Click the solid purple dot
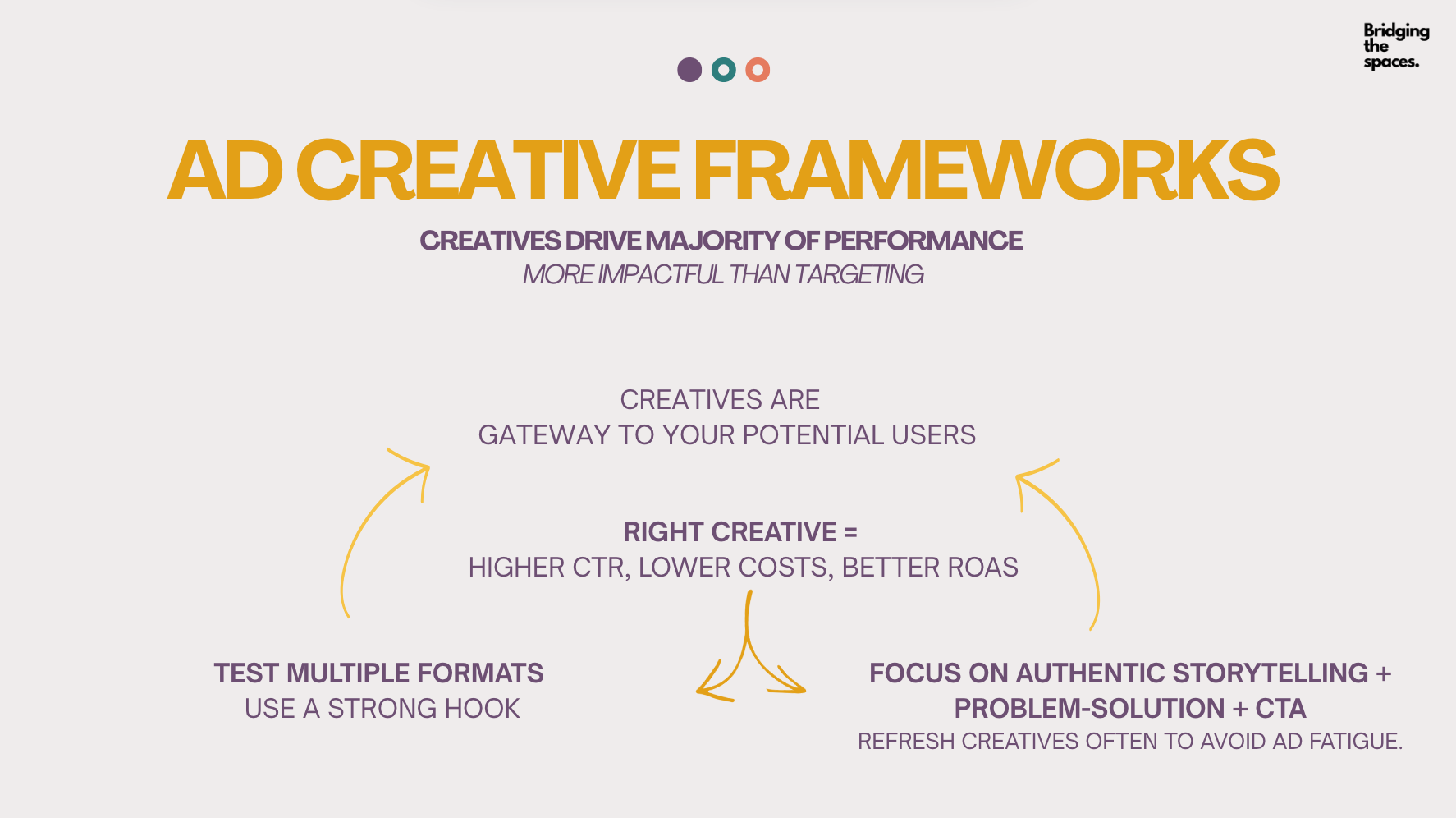click(689, 70)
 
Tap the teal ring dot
click(723, 70)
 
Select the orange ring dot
click(758, 70)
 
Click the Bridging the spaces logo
click(1396, 46)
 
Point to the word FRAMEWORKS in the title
click(986, 170)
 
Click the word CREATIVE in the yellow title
click(488, 170)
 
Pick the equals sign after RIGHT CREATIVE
click(850, 532)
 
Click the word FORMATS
click(480, 673)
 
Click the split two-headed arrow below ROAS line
click(748, 649)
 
